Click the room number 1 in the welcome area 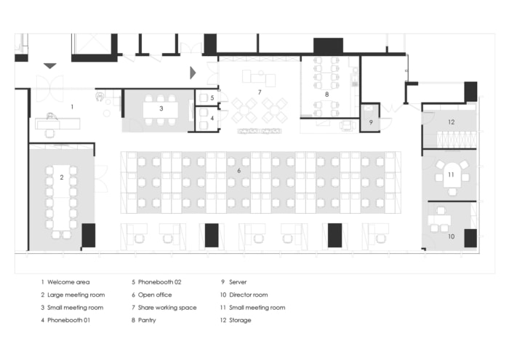[x=72, y=107]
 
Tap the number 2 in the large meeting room [x=63, y=177]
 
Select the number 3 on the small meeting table [x=161, y=108]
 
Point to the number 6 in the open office [x=239, y=170]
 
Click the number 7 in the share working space [x=259, y=92]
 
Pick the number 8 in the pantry [x=326, y=94]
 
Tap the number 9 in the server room [x=370, y=122]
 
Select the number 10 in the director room [x=450, y=236]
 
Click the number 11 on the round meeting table [x=451, y=175]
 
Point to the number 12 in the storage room [x=451, y=121]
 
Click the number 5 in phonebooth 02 [x=212, y=97]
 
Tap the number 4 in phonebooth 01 [x=212, y=117]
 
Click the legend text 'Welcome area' [x=68, y=281]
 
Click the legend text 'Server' [x=238, y=281]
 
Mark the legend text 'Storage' [x=240, y=320]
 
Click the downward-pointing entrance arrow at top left [x=49, y=66]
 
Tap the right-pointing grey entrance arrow [x=193, y=72]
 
